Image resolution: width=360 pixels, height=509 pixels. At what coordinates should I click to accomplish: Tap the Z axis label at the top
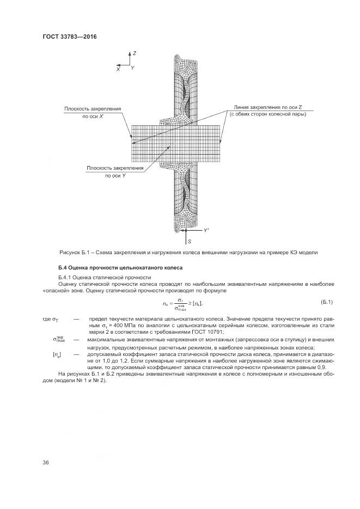134,53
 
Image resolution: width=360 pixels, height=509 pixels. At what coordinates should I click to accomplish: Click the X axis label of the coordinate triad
118,70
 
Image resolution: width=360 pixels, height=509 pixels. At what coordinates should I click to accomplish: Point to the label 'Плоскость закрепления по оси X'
93,112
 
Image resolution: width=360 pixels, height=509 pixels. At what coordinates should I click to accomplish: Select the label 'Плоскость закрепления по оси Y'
115,172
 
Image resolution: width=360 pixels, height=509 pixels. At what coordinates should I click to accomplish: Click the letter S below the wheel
189,240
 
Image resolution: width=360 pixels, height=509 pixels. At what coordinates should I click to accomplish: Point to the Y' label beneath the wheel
207,231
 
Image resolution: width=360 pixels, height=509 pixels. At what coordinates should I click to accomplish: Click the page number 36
46,462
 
